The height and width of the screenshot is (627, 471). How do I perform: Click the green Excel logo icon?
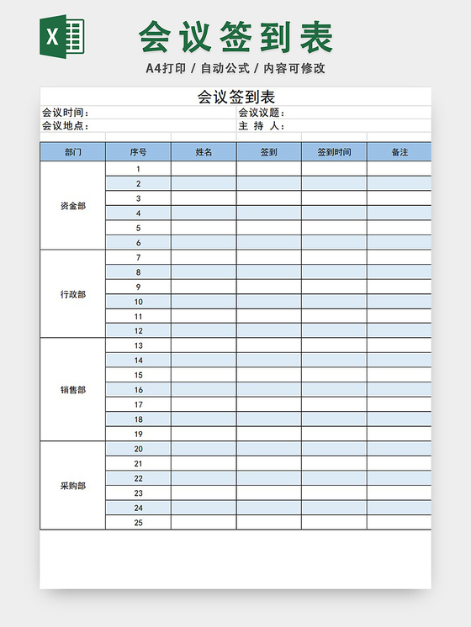(x=63, y=37)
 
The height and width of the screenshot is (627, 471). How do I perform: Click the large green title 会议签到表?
(x=236, y=37)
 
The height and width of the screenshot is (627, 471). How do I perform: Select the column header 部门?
(x=73, y=152)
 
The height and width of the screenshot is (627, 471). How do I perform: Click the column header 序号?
(x=138, y=152)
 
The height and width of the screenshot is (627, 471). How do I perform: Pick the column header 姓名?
(x=204, y=152)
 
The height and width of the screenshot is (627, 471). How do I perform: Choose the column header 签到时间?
(x=334, y=152)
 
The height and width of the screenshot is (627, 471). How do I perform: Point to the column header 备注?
(x=400, y=152)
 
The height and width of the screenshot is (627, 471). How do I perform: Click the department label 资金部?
(x=73, y=206)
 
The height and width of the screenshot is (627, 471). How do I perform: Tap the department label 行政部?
(x=73, y=294)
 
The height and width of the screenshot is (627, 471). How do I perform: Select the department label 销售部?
(x=73, y=390)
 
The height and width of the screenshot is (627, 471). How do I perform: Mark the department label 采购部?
(x=73, y=486)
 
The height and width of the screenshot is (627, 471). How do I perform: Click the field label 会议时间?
(x=64, y=113)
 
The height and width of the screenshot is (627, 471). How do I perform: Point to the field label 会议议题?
(x=261, y=113)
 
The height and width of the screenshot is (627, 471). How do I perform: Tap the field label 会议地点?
(x=64, y=126)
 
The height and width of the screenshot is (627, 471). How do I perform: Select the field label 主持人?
(x=261, y=126)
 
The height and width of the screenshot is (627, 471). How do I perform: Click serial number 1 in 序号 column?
(x=138, y=169)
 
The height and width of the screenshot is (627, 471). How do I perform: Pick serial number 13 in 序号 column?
(x=138, y=345)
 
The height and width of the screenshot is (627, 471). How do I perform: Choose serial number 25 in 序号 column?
(x=138, y=523)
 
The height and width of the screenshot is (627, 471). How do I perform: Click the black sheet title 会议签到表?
(x=236, y=97)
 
